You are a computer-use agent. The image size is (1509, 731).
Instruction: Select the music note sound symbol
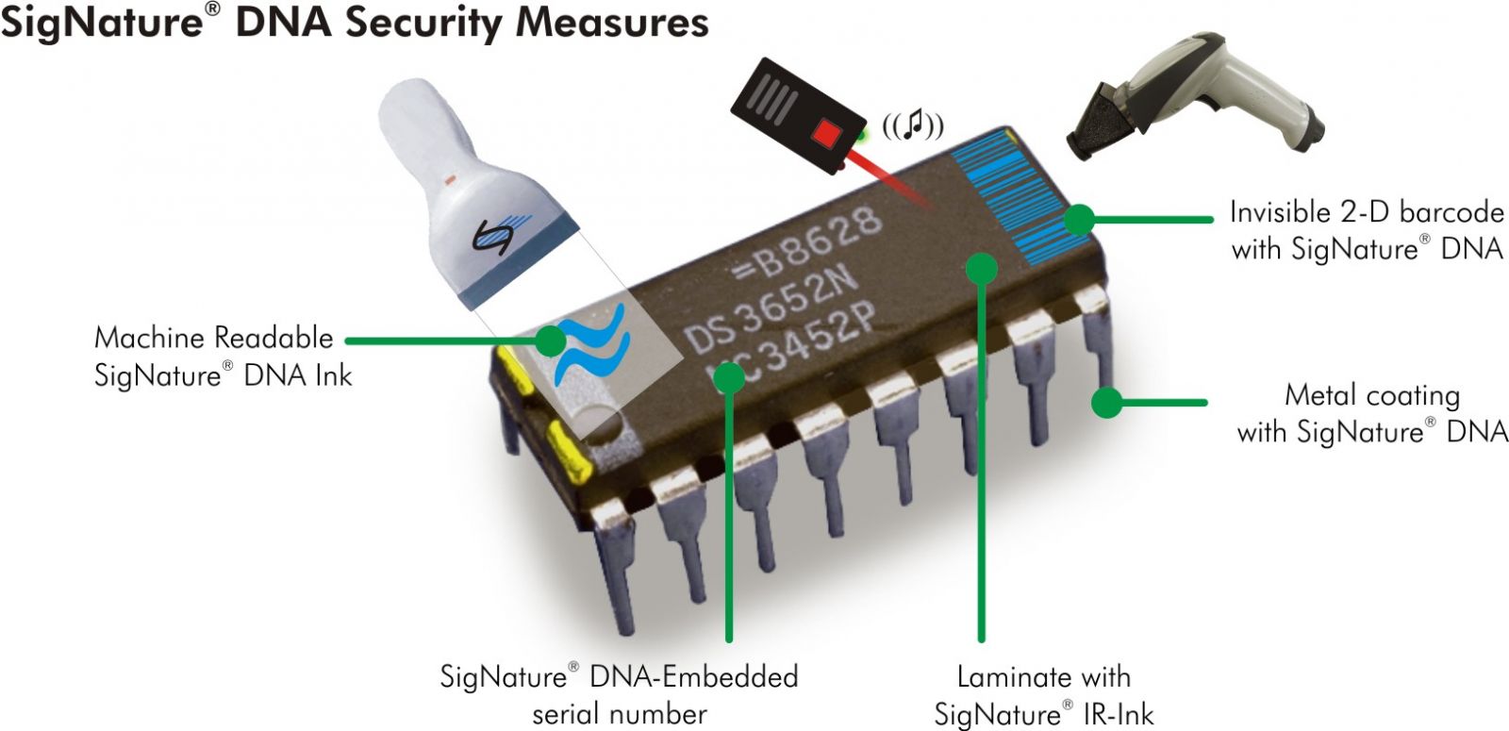(912, 125)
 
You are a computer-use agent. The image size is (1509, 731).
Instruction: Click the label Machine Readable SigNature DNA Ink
(222, 357)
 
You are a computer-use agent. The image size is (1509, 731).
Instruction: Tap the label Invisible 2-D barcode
(1366, 229)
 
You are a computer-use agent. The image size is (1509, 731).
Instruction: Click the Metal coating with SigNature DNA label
(1371, 413)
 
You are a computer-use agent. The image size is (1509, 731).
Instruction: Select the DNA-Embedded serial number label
(619, 694)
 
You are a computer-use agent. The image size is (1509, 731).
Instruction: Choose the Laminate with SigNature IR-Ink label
(1043, 694)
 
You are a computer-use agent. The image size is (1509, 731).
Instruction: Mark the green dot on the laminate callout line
(982, 269)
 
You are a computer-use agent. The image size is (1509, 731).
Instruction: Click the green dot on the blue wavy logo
(549, 341)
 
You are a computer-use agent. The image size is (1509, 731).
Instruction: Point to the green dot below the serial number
(729, 377)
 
